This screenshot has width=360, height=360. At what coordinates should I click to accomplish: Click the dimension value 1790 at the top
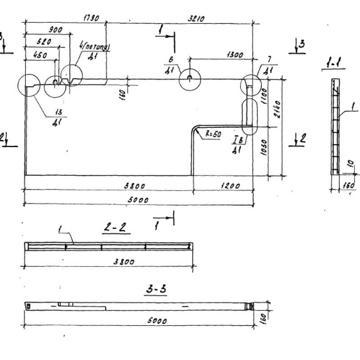91,18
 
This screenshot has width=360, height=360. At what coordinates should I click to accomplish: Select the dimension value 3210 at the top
196,18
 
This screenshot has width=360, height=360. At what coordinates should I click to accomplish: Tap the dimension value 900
55,30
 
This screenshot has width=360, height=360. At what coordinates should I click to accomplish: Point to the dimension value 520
44,41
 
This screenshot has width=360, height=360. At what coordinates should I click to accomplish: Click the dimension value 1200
230,185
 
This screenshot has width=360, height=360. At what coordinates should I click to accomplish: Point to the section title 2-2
116,228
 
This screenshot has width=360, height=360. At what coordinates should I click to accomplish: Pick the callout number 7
269,59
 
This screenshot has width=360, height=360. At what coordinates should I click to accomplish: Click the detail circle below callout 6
190,80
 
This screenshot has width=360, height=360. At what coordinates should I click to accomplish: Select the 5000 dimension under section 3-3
156,321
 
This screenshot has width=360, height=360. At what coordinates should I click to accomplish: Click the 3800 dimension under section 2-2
124,261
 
